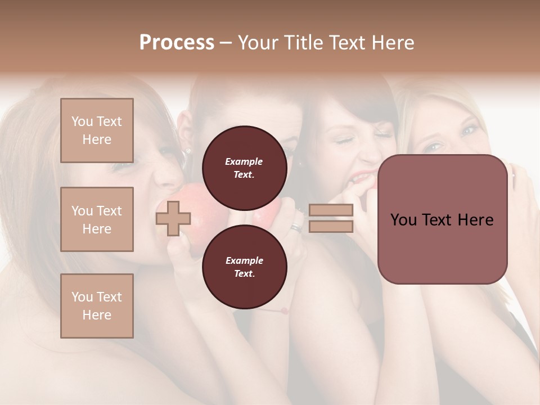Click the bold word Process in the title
(177, 42)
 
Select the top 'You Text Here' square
(97, 130)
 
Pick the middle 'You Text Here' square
(97, 219)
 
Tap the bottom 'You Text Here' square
(97, 305)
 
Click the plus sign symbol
(173, 218)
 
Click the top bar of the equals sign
(331, 210)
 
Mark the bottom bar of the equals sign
(331, 226)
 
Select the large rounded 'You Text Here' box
(442, 219)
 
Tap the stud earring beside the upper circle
(187, 151)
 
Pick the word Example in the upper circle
(244, 161)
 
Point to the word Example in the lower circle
(244, 260)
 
